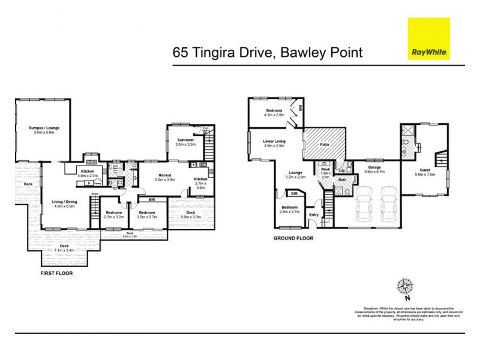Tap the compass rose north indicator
(406, 286)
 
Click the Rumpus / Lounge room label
(43, 130)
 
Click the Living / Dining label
(64, 203)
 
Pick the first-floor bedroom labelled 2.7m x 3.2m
(113, 214)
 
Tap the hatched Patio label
(325, 144)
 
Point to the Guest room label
(423, 173)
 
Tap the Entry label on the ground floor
(314, 214)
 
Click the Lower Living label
(274, 143)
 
